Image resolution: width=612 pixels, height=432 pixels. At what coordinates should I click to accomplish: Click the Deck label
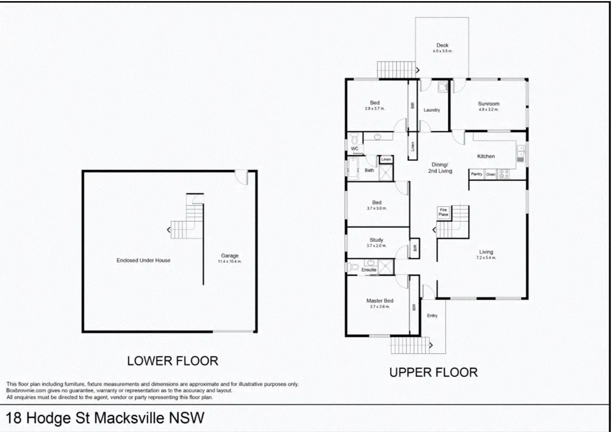click(x=442, y=45)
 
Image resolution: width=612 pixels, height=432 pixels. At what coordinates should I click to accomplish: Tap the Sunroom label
click(x=488, y=104)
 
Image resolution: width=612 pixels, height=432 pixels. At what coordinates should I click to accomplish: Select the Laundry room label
click(x=431, y=110)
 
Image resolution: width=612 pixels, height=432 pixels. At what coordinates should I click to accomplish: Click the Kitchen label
click(x=485, y=156)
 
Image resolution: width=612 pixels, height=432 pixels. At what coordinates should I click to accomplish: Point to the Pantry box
click(x=476, y=174)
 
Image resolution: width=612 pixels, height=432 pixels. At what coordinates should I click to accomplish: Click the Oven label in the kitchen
click(x=490, y=174)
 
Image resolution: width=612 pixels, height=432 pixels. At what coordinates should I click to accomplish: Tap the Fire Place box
click(x=443, y=212)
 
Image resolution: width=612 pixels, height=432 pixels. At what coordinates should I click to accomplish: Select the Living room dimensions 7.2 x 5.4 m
click(x=486, y=258)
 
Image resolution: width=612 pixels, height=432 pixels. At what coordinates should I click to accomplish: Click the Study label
click(x=376, y=240)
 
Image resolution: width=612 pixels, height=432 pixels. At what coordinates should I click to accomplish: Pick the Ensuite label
click(x=369, y=270)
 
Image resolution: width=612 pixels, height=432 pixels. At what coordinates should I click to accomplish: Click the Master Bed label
click(x=380, y=301)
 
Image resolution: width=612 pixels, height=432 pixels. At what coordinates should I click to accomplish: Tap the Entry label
click(x=432, y=315)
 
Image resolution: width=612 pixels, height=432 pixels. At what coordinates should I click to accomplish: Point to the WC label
click(x=355, y=148)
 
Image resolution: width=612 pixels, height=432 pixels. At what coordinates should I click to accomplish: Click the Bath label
click(x=369, y=171)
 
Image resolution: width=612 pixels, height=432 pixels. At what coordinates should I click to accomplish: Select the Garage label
click(x=230, y=255)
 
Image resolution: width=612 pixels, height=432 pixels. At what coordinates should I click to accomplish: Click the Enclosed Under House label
click(x=143, y=260)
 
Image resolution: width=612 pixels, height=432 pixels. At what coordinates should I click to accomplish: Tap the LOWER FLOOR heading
click(x=172, y=361)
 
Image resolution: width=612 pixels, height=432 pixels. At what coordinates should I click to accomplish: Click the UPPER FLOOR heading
click(x=433, y=373)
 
